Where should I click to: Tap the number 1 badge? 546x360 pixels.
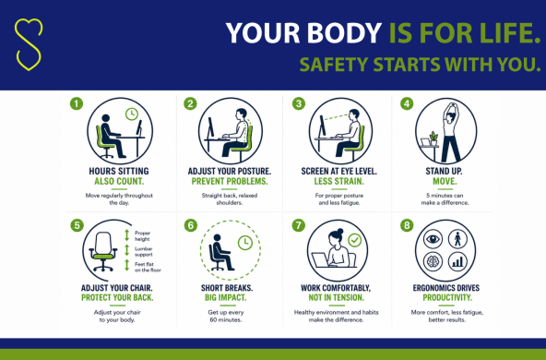(x=77, y=103)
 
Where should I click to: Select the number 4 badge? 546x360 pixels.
(x=407, y=103)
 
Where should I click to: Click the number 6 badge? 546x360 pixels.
(x=190, y=224)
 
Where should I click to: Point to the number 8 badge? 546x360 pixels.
(x=407, y=224)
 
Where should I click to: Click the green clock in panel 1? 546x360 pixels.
(x=134, y=114)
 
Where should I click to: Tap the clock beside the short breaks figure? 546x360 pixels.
(x=245, y=244)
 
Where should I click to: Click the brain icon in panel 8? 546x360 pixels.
(x=433, y=260)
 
